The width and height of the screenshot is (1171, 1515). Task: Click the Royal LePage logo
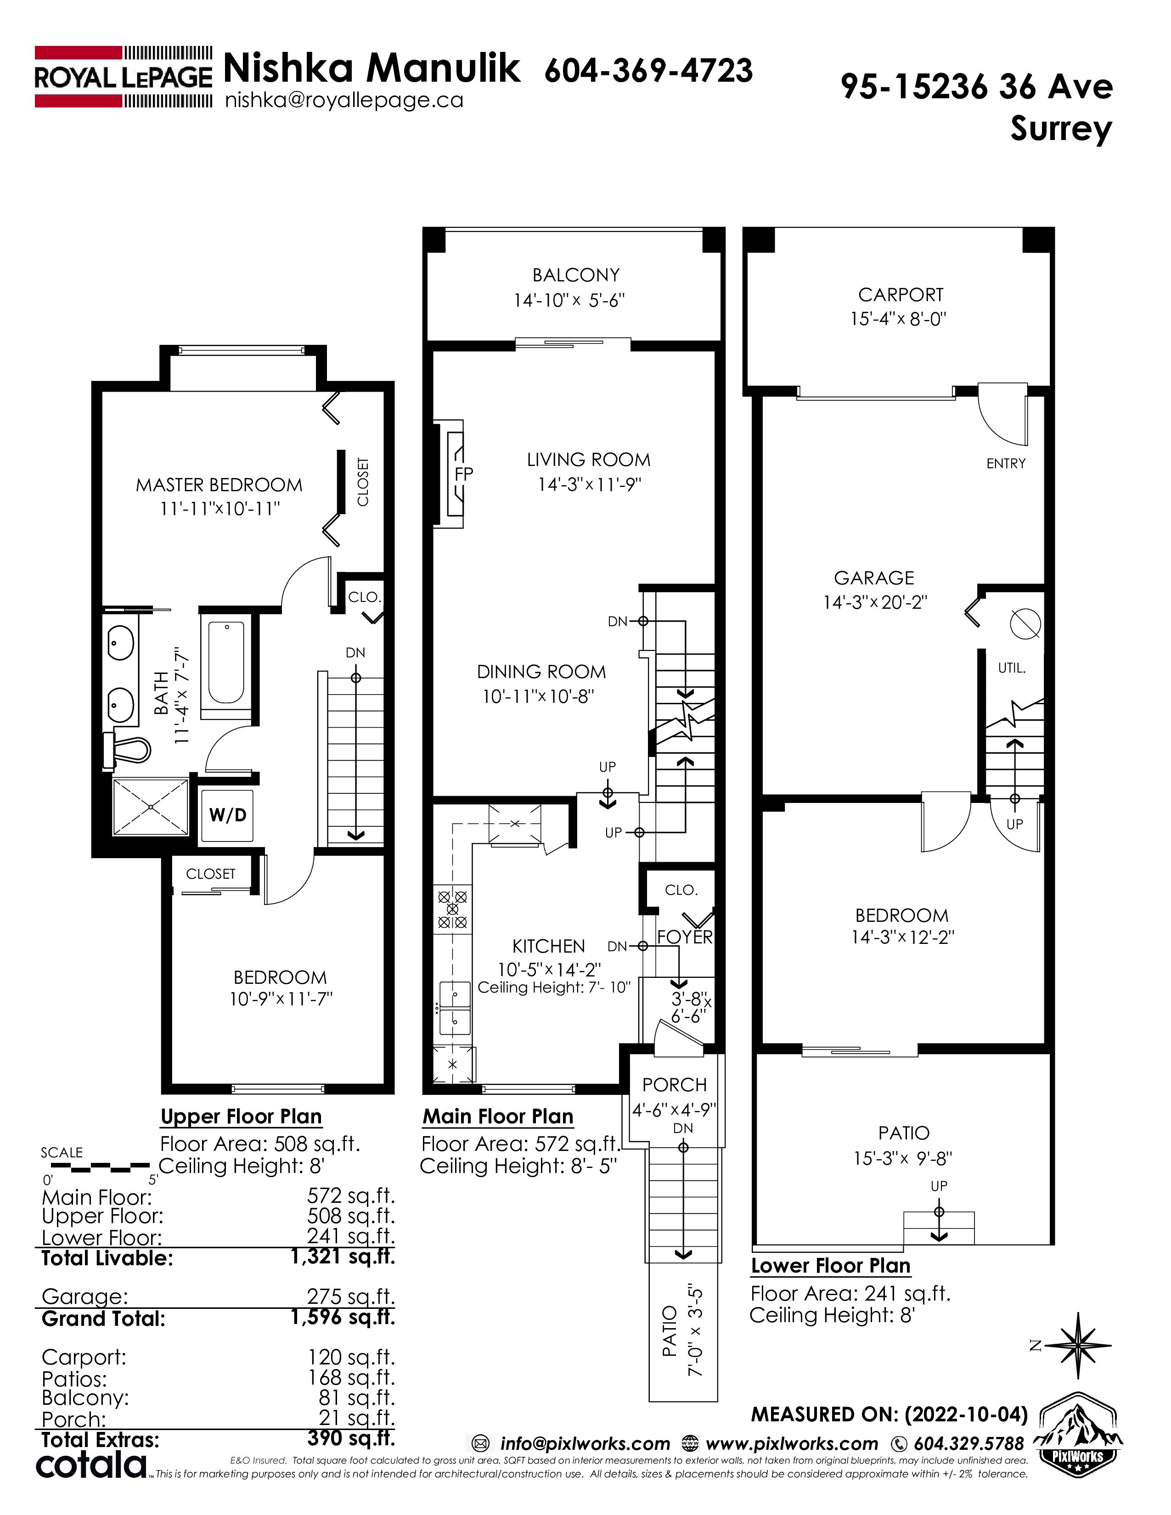point(124,76)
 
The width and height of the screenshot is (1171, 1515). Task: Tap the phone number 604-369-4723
point(648,71)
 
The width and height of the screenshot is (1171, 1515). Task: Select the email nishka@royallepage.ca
point(344,101)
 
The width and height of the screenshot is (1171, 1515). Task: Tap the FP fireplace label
point(464,474)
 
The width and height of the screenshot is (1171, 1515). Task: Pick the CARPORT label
point(901,295)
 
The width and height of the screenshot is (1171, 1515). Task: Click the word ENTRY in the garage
point(1006,463)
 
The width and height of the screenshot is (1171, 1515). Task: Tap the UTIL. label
point(1012,669)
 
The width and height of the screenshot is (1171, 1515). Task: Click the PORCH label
point(674,1084)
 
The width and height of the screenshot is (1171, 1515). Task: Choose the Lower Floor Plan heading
point(830,1266)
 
